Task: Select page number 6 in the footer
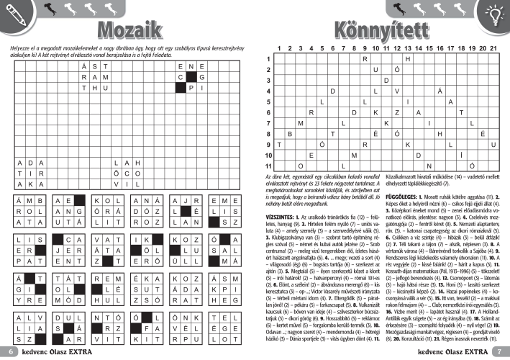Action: pos(12,351)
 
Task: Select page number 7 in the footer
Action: pos(498,351)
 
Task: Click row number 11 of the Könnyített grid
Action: pos(268,166)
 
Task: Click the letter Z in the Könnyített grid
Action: pos(399,112)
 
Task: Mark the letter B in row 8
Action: pos(290,134)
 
